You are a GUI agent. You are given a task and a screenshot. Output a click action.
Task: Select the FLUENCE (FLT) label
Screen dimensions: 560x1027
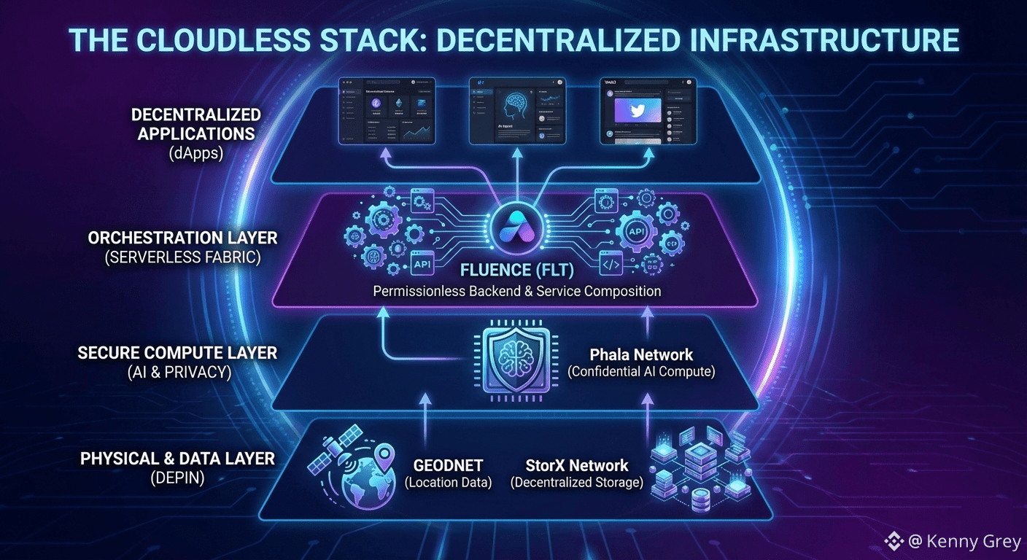(516, 271)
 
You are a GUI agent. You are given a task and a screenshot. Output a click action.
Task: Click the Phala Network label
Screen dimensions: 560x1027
(641, 355)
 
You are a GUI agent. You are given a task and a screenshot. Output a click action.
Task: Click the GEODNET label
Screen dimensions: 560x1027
(448, 464)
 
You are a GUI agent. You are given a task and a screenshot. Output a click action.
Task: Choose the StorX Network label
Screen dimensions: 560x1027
(577, 464)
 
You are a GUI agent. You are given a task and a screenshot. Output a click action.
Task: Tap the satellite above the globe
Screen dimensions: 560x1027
(334, 444)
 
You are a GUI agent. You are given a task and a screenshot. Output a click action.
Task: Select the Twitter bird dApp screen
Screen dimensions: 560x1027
(648, 111)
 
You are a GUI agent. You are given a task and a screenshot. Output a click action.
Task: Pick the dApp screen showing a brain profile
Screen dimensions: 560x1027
(516, 111)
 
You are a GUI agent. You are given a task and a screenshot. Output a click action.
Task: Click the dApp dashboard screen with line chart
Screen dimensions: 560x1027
(387, 111)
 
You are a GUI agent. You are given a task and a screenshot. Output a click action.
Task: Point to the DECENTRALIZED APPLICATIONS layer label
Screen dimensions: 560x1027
(196, 124)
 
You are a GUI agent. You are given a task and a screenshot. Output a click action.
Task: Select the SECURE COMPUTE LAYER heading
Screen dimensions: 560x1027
(177, 353)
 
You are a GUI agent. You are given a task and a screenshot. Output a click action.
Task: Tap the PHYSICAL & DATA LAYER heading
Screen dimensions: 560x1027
(177, 459)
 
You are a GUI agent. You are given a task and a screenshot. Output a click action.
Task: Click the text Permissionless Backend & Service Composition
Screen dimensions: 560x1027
(516, 291)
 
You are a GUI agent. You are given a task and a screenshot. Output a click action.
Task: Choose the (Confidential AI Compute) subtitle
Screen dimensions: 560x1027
(641, 372)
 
